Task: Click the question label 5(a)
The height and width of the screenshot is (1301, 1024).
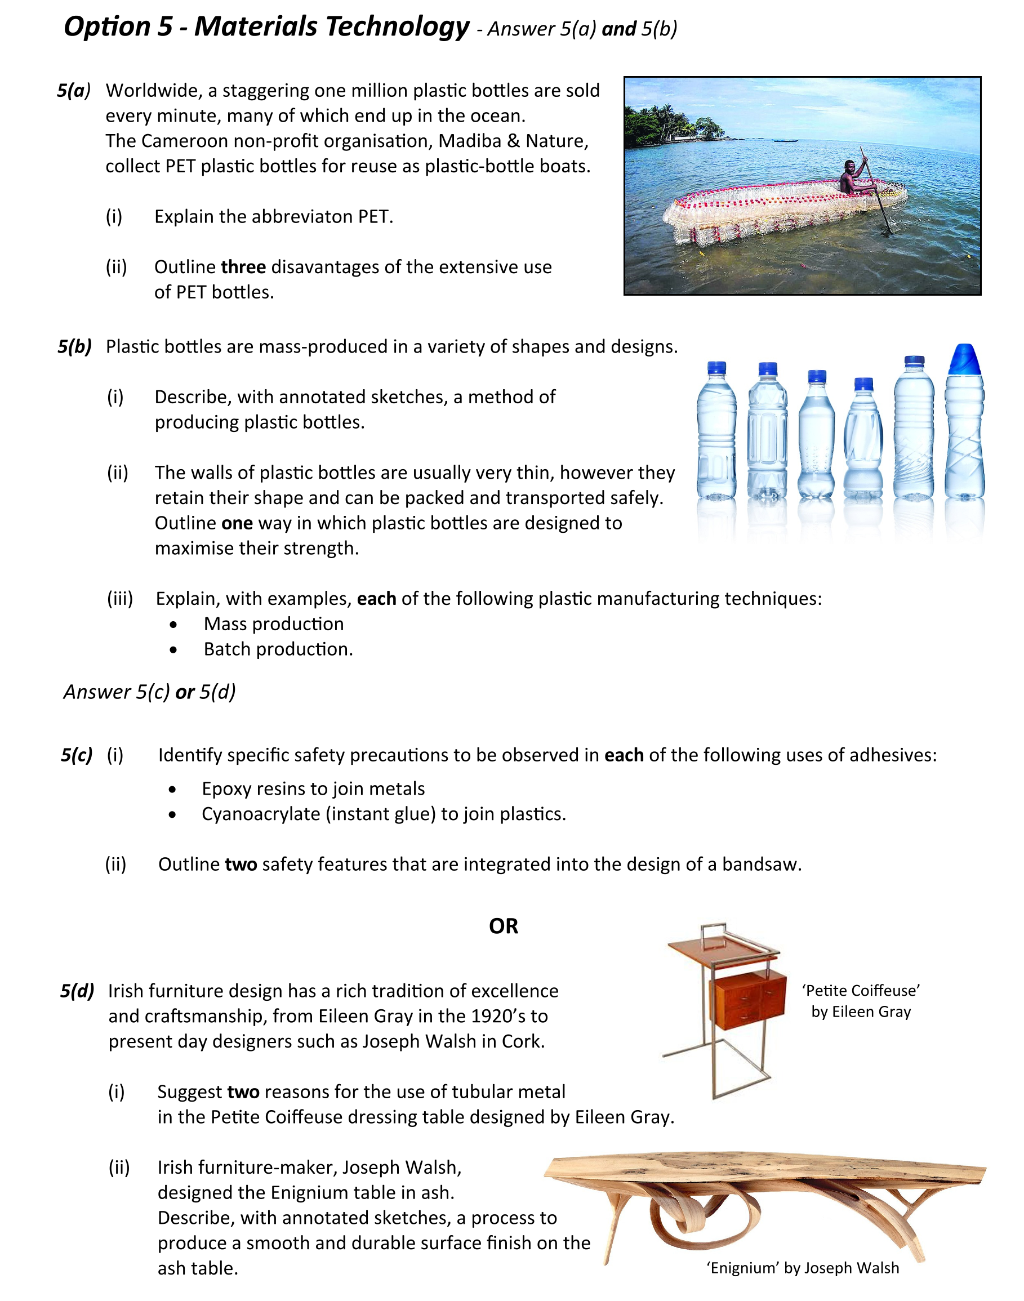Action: [x=74, y=91]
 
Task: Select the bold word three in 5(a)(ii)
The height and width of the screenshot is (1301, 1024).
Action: [x=243, y=267]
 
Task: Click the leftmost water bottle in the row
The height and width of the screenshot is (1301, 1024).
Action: [x=716, y=431]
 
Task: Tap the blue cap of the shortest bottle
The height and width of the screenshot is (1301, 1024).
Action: [x=863, y=384]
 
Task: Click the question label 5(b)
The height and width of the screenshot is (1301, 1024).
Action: [x=74, y=346]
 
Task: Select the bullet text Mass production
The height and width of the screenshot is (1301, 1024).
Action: [x=273, y=624]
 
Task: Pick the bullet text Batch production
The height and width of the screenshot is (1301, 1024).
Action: [x=278, y=649]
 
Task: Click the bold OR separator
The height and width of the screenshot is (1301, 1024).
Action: [x=503, y=926]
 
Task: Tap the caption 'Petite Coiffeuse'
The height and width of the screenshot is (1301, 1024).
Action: [x=860, y=991]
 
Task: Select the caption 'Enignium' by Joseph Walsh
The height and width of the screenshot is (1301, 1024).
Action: [x=802, y=1267]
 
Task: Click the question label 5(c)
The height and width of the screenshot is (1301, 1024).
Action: [x=76, y=755]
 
